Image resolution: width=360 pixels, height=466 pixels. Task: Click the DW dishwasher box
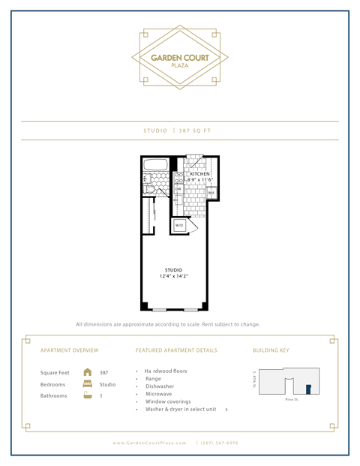(x=178, y=189)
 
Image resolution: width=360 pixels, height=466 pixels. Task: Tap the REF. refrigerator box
(x=211, y=193)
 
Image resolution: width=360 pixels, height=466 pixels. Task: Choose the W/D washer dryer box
(x=179, y=225)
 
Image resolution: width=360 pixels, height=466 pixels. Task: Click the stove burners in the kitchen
(x=179, y=177)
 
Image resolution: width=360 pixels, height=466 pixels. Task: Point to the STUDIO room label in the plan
(x=174, y=270)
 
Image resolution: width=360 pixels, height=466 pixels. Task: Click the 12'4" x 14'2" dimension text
(x=174, y=277)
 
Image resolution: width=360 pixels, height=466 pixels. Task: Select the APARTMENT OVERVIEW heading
(x=69, y=350)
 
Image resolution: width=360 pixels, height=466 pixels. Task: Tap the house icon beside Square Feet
(x=88, y=371)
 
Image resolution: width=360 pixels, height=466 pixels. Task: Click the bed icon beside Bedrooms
(x=88, y=383)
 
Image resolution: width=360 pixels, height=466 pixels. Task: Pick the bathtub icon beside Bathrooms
(x=88, y=395)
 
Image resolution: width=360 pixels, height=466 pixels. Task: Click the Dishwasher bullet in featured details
(x=162, y=388)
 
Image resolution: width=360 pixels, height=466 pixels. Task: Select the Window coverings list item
(x=170, y=401)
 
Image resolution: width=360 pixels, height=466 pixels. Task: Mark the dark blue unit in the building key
(x=307, y=388)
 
